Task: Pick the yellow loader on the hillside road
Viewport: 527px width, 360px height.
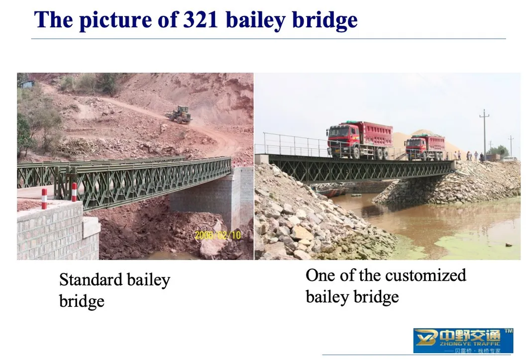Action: [x=180, y=115]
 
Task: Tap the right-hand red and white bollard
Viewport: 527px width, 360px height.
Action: [x=74, y=192]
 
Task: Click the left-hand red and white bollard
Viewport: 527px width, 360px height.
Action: [x=44, y=198]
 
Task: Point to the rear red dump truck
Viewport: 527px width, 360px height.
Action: [x=424, y=146]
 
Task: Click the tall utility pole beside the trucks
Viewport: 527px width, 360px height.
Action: [x=484, y=132]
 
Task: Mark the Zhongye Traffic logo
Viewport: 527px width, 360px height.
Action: [x=463, y=341]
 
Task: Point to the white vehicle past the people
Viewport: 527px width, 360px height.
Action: [x=509, y=159]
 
